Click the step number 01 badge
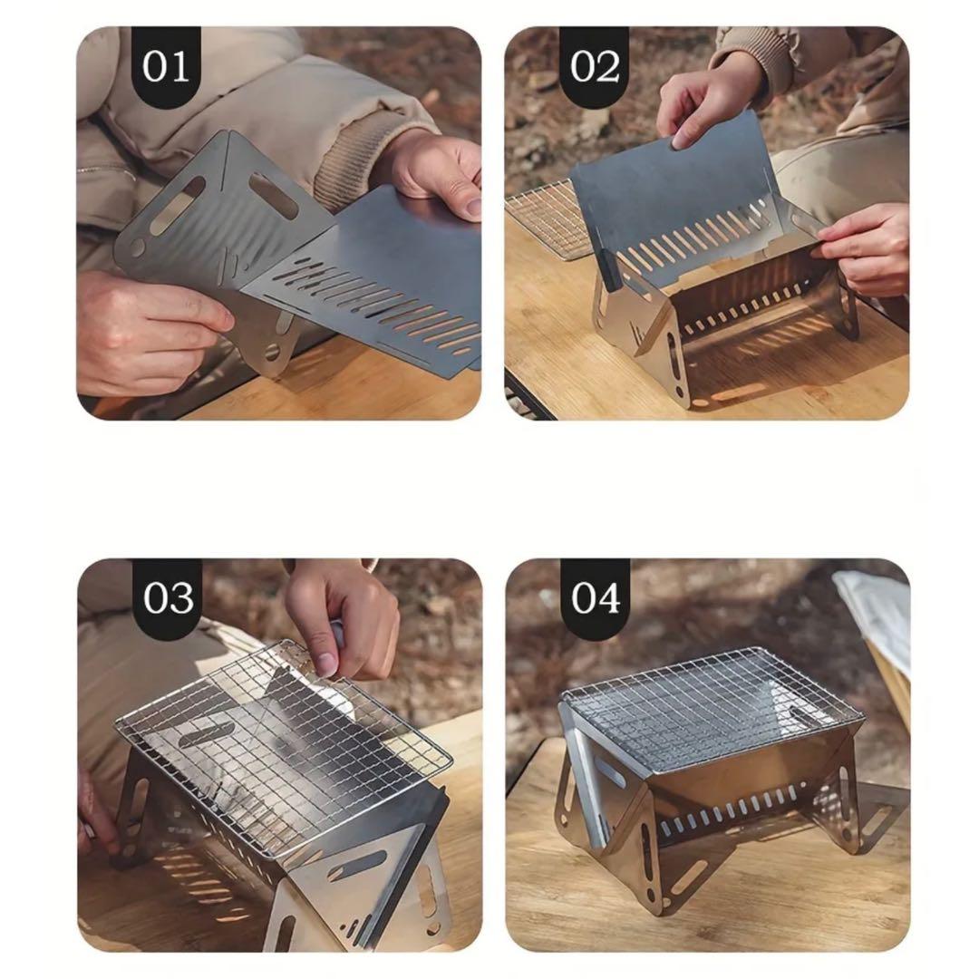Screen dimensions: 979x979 166,67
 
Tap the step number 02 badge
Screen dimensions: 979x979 594,67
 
